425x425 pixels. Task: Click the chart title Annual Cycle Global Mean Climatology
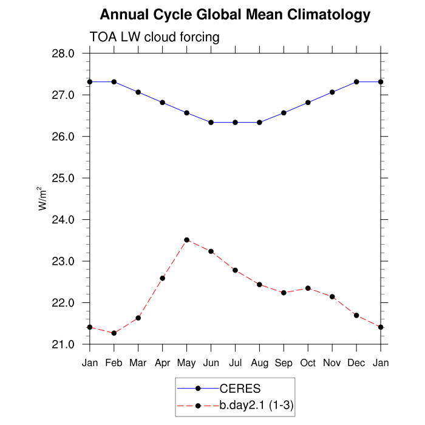click(x=235, y=14)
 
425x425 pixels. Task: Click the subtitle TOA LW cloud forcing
click(x=154, y=38)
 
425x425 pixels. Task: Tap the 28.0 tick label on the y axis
click(x=64, y=53)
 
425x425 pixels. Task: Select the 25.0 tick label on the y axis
click(x=64, y=178)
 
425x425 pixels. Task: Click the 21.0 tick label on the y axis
click(x=64, y=344)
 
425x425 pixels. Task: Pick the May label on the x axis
click(x=187, y=363)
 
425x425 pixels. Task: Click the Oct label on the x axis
click(x=308, y=363)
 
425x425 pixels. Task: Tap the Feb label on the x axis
click(x=114, y=363)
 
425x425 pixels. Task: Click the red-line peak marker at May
click(x=187, y=240)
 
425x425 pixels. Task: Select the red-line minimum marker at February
click(x=114, y=333)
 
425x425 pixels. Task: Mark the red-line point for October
click(x=308, y=288)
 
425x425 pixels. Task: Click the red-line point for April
click(x=163, y=278)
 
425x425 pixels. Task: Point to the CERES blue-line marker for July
click(x=236, y=122)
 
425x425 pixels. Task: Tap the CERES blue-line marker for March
click(x=138, y=92)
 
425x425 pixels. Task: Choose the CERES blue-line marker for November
click(x=332, y=92)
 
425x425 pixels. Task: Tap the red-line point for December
click(x=356, y=315)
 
